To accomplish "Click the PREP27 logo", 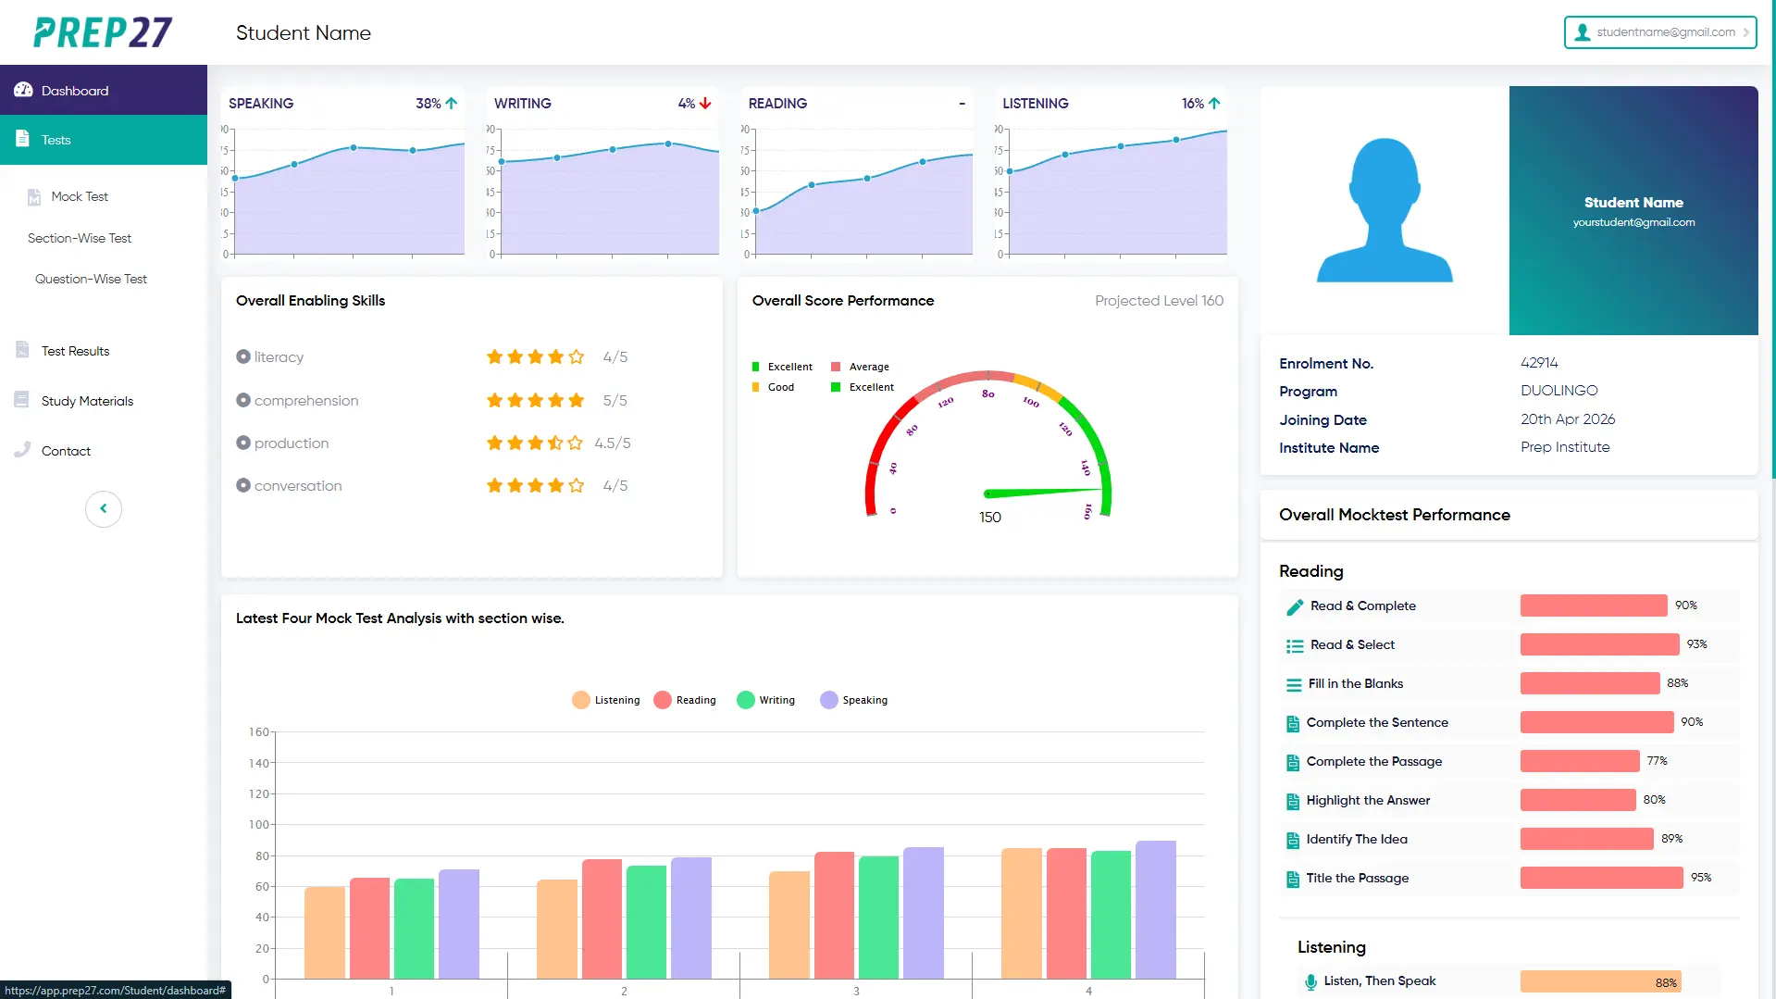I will [103, 32].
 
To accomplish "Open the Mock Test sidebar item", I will [80, 196].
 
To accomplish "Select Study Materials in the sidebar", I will [87, 401].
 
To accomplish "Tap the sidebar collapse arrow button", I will [104, 508].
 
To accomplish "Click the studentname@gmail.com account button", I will [1660, 32].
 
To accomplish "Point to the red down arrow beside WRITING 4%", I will [706, 104].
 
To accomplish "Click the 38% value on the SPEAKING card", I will [428, 104].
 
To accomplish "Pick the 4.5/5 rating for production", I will [613, 443].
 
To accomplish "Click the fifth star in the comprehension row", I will [577, 401].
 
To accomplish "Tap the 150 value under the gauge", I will [990, 518].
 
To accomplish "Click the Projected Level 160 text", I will [1159, 301].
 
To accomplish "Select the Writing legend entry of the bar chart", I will [766, 700].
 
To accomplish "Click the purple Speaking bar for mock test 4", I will [1156, 909].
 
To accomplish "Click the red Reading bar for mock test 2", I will [602, 918].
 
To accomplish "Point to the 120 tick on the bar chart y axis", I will [259, 793].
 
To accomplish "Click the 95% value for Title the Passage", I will [1701, 878].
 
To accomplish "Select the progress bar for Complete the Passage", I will [1580, 761].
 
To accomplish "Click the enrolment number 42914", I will [1539, 363].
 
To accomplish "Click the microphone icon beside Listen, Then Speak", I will [1310, 981].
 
